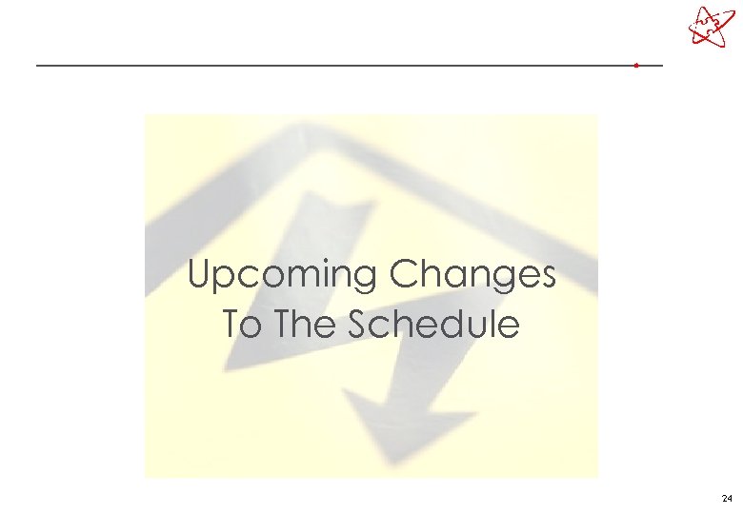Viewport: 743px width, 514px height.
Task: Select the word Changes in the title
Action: pyautogui.click(x=472, y=276)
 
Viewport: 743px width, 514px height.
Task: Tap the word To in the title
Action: pyautogui.click(x=240, y=325)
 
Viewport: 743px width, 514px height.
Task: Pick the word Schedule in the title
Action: pyautogui.click(x=434, y=325)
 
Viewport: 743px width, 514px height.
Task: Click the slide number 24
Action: pyautogui.click(x=727, y=499)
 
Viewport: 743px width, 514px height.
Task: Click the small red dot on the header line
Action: pyautogui.click(x=635, y=66)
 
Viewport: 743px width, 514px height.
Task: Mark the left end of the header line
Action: pyautogui.click(x=38, y=66)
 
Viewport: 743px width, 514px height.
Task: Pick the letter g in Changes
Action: pyautogui.click(x=497, y=280)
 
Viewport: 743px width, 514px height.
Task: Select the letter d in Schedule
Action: pyautogui.click(x=452, y=325)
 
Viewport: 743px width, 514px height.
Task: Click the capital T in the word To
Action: pyautogui.click(x=231, y=325)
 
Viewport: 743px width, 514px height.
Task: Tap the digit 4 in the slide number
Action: pyautogui.click(x=730, y=499)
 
